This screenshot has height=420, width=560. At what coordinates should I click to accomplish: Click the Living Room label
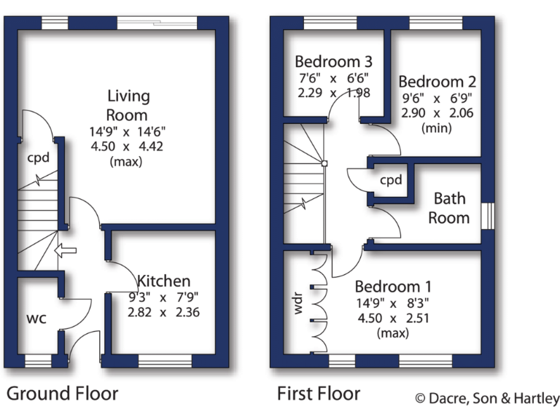coord(128,105)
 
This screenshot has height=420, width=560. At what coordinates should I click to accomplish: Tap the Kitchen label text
coord(164,281)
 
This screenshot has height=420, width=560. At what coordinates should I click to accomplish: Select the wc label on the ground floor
coord(37,318)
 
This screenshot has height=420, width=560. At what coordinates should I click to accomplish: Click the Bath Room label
coord(449,208)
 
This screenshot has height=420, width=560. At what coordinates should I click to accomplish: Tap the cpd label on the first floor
coord(391,180)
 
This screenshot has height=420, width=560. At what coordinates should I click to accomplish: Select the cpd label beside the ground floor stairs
coord(38,157)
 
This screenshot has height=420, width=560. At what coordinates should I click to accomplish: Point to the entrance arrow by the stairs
coord(66,252)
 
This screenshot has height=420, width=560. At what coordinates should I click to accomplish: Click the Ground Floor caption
coord(62,394)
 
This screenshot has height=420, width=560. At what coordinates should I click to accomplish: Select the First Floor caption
coord(318,394)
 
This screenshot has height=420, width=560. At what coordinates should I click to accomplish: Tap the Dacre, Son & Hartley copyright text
coord(486,398)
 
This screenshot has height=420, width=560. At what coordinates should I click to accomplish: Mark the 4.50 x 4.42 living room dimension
coord(128,147)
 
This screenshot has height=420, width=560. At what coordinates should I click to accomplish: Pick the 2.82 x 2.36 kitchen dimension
coord(164,312)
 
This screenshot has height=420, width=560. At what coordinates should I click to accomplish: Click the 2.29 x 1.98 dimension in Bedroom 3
coord(332,93)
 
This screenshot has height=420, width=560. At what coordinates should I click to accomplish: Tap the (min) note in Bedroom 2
coord(437,128)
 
